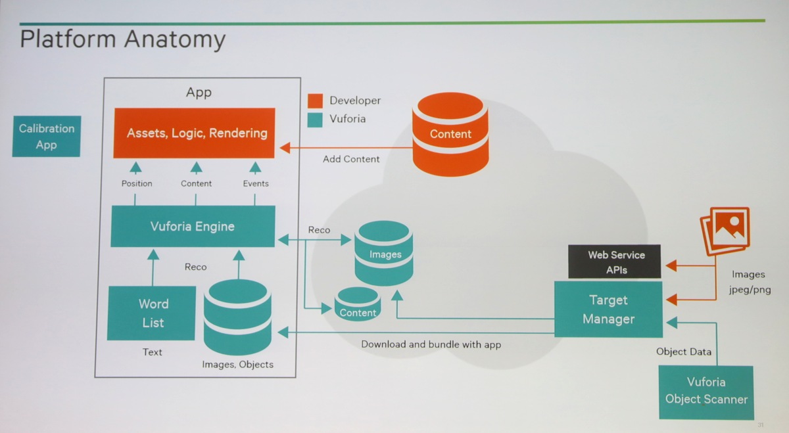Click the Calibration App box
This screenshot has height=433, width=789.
47,137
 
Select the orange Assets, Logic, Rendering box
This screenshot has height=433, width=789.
194,133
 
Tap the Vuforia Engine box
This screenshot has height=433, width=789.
193,227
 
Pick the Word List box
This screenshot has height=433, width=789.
152,313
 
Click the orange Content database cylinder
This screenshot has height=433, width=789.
450,134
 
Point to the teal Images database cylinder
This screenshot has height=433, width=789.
385,254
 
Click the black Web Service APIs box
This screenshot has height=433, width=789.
615,262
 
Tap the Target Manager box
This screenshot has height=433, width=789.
608,309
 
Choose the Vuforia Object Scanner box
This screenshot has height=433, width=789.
706,391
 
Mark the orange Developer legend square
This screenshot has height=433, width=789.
316,101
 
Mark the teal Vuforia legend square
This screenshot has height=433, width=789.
316,119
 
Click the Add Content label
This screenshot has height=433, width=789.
351,159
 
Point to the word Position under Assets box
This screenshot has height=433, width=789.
137,183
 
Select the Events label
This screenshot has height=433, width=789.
256,183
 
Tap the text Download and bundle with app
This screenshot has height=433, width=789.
431,344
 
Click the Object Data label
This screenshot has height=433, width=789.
684,352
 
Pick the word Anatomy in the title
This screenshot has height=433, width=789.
174,40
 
